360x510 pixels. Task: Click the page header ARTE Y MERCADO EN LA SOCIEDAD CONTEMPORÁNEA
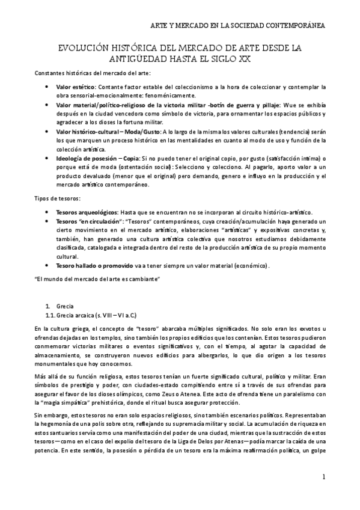tap(237, 25)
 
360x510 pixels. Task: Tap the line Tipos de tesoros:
tap(55, 198)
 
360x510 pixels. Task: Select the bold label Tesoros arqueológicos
tap(86, 212)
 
